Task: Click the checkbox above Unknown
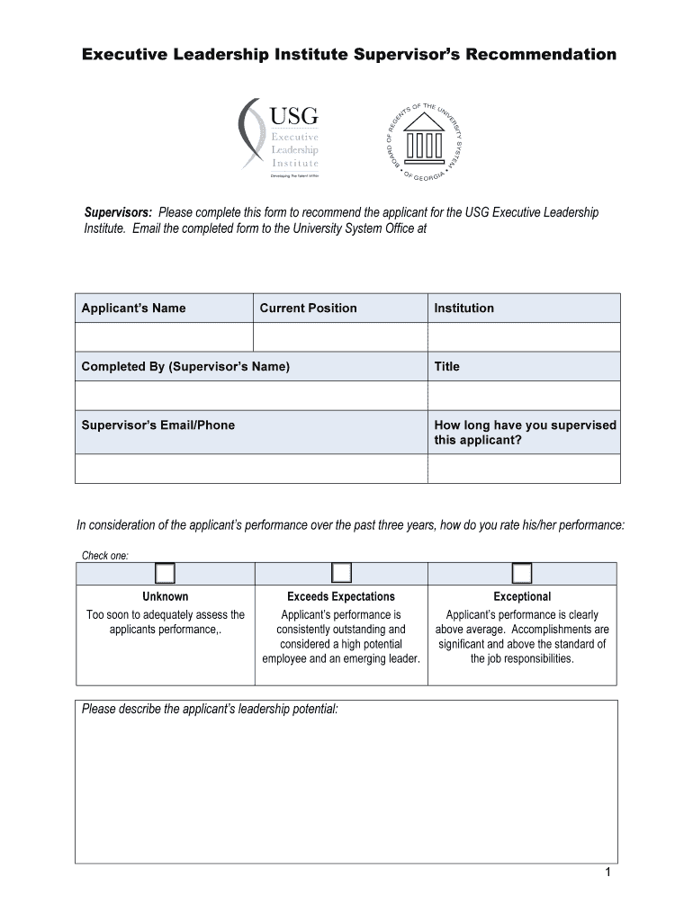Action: click(x=165, y=574)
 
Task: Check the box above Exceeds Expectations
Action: click(x=341, y=574)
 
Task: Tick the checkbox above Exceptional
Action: click(x=522, y=574)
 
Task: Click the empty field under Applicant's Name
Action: click(x=164, y=337)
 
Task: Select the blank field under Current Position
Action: click(x=340, y=337)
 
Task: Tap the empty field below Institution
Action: click(x=524, y=337)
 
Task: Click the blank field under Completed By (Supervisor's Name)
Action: click(x=251, y=396)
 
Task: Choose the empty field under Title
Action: click(x=524, y=396)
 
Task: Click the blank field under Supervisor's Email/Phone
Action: click(x=251, y=469)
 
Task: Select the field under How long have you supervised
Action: click(x=524, y=469)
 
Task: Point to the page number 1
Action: click(x=608, y=873)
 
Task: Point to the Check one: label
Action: click(x=105, y=555)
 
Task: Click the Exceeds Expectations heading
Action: click(x=341, y=596)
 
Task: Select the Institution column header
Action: click(x=463, y=308)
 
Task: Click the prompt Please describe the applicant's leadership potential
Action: click(x=210, y=710)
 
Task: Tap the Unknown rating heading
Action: click(x=165, y=596)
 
